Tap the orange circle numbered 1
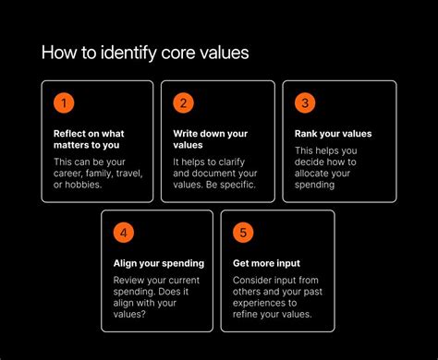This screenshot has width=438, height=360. point(63,103)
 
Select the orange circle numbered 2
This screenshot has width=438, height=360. point(183,103)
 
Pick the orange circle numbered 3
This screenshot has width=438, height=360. point(304,103)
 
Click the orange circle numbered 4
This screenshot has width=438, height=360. point(123,233)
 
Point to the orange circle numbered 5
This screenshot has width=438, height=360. point(243,233)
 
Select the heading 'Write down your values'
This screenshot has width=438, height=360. point(210,138)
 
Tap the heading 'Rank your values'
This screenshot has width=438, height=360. point(333,133)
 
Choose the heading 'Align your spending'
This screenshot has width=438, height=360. point(158,263)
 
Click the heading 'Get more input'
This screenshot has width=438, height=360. point(266,263)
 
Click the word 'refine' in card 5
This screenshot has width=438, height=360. point(248,314)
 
